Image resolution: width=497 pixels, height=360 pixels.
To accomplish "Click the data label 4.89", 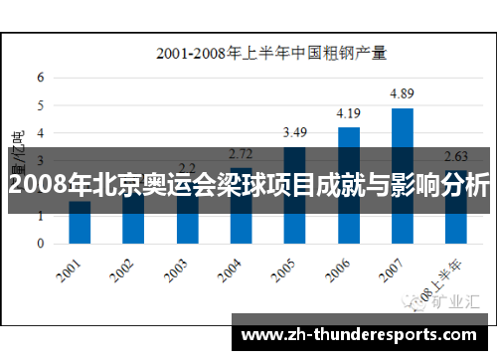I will pyautogui.click(x=402, y=93).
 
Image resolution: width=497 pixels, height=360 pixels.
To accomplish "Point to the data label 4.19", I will pyautogui.click(x=348, y=113).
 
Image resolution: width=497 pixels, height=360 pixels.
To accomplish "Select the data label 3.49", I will pyautogui.click(x=295, y=132).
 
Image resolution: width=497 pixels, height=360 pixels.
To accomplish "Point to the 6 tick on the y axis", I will pyautogui.click(x=41, y=77).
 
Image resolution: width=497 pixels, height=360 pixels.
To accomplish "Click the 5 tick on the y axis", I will pyautogui.click(x=41, y=104).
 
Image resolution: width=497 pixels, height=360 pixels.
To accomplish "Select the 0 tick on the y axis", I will pyautogui.click(x=41, y=244).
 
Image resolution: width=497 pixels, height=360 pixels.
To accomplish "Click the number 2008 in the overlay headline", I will pyautogui.click(x=31, y=186).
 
